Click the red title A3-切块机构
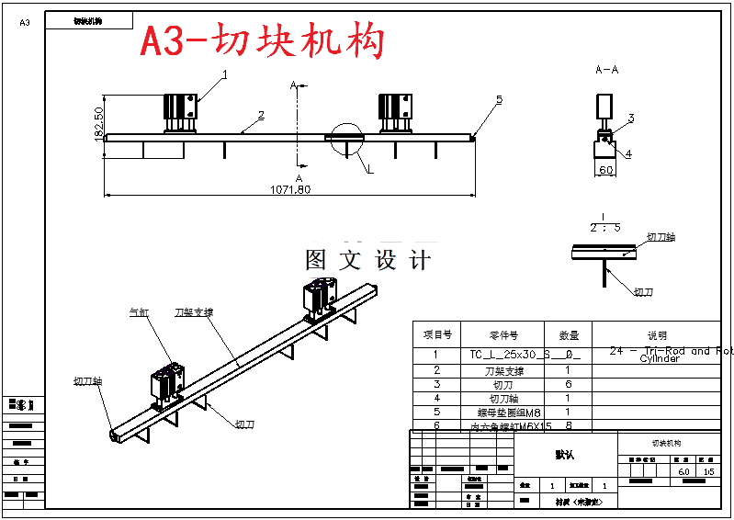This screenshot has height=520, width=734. pos(262,41)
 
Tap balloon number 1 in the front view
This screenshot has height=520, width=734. pos(224,73)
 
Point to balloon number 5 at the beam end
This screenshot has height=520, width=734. pos(500,99)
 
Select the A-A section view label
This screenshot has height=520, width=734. pos(606,70)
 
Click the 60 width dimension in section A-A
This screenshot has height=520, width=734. pos(606,170)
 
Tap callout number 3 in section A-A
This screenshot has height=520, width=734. pos(631,118)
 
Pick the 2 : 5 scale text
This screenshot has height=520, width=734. pos(604,227)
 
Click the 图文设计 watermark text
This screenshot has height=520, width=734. pos(367,260)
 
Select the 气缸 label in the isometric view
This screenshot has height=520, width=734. pos(139,312)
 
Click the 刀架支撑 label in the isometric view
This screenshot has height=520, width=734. pos(194,312)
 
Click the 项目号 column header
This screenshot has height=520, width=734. pos(437,335)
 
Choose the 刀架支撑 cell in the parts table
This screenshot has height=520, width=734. pos(503,371)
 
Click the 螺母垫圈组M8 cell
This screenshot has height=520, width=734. pos(503,413)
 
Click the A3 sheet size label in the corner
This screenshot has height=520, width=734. pos(25,22)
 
